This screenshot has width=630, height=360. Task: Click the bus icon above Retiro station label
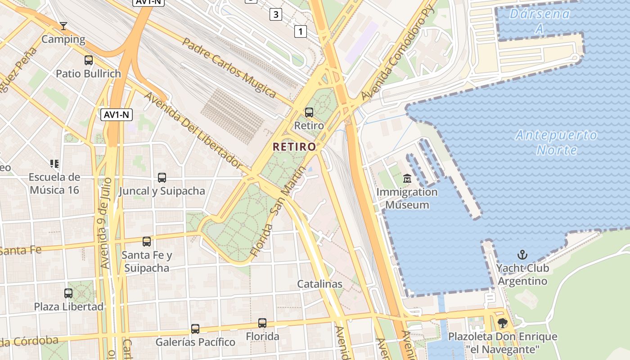point(309,112)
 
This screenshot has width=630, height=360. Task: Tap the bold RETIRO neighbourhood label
point(294,147)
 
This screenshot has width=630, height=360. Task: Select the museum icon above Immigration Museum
point(407,179)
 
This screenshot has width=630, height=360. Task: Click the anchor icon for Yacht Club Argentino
point(522,255)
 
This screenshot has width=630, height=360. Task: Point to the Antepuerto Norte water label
point(556,142)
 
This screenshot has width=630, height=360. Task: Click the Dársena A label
point(539,21)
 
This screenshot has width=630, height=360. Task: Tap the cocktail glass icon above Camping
point(63,26)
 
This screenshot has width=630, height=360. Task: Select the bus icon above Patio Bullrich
point(89,60)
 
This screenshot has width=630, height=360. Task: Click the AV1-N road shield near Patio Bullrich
point(116,115)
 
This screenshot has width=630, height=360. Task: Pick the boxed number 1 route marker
point(300,31)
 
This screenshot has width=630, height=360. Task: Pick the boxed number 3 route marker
point(276,14)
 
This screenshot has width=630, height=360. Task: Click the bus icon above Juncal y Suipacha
point(162,178)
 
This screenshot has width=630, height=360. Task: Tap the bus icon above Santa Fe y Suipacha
point(147,242)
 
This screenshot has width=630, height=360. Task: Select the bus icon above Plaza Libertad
point(68,293)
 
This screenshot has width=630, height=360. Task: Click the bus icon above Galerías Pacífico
point(195,329)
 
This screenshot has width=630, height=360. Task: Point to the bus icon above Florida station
point(262,323)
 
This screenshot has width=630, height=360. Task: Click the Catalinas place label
point(319,284)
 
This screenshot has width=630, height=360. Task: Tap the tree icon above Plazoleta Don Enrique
point(503,323)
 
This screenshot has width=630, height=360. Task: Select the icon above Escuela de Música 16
point(54,164)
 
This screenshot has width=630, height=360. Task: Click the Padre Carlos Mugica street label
point(229,67)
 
